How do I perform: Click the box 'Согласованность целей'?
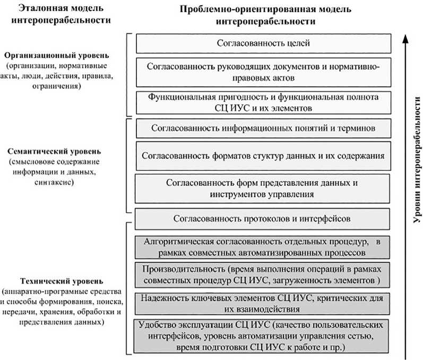pos(263,43)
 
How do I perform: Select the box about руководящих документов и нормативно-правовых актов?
pos(263,72)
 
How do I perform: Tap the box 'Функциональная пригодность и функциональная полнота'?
pos(263,101)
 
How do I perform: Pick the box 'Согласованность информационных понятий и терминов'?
pos(263,128)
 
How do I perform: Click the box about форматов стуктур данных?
pos(263,156)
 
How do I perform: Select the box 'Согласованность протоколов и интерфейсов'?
pos(263,218)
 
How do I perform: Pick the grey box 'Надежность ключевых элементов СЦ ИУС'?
pos(263,303)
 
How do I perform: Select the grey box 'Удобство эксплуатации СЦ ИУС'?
pos(263,336)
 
